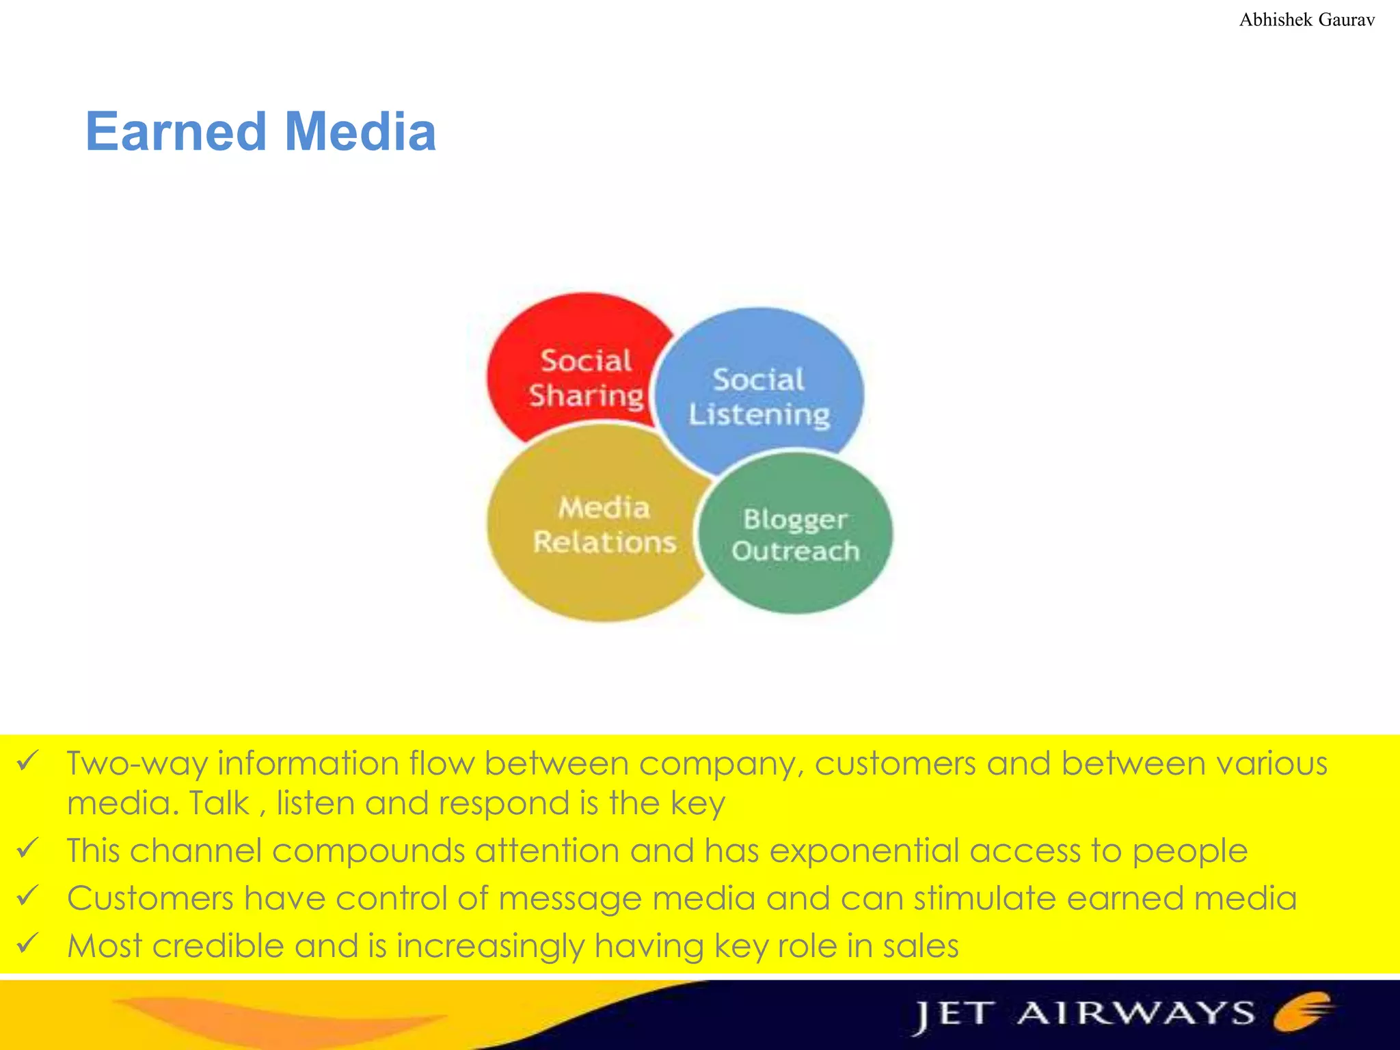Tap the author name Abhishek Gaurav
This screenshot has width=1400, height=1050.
tap(1306, 20)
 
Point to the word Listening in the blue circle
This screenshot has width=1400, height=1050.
tap(759, 415)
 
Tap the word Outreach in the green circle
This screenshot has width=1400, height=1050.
tap(796, 551)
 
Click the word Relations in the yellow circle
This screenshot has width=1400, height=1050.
tap(604, 542)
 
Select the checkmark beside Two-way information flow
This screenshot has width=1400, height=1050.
tap(29, 760)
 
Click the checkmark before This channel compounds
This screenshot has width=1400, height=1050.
tap(29, 848)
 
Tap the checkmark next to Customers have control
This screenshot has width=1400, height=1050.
tap(29, 896)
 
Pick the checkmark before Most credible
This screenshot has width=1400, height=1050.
tap(29, 943)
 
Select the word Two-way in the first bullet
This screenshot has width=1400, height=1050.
tap(137, 764)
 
